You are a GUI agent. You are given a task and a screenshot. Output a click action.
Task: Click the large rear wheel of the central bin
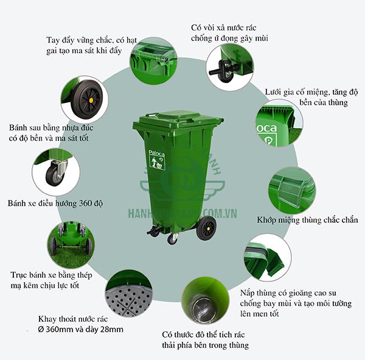click(x=206, y=227)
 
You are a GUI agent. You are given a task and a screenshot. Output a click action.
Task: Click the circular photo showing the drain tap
click(x=229, y=65)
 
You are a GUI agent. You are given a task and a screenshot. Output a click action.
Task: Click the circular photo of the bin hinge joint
click(x=292, y=189)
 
